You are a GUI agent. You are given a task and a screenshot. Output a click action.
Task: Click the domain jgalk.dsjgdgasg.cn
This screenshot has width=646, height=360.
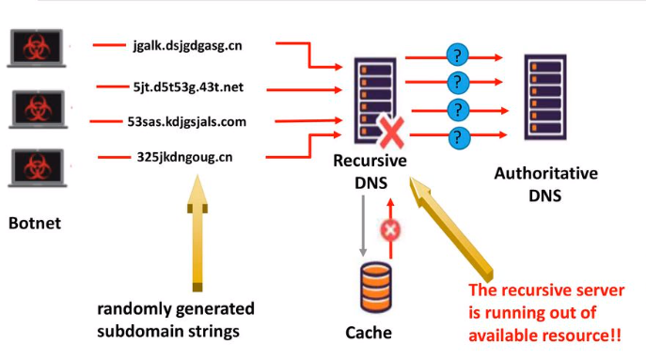point(187,46)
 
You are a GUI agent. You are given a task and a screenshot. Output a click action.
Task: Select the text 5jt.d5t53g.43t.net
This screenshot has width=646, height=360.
point(188,87)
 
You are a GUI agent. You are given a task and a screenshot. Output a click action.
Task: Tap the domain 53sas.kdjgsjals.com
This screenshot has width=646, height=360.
point(186,122)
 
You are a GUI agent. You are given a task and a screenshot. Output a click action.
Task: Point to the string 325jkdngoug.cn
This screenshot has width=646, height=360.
point(184,157)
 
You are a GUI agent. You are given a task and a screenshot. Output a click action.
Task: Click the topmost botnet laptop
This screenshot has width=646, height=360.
point(37,48)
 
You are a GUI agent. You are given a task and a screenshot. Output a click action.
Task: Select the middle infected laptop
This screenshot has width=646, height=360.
point(38,109)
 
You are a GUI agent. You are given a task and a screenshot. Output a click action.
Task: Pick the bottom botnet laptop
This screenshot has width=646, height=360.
point(38,168)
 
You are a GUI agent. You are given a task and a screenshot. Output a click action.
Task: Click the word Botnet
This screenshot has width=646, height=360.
point(35,223)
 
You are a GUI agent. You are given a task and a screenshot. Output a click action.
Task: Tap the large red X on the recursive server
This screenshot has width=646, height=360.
point(391,132)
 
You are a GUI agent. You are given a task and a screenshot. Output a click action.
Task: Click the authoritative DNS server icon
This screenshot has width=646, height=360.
point(545,97)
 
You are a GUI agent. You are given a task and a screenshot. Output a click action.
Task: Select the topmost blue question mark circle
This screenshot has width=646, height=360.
point(457,55)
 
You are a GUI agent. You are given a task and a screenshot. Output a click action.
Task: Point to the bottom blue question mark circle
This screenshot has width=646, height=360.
point(459,137)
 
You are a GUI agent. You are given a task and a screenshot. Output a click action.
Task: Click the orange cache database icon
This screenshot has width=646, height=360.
point(376,288)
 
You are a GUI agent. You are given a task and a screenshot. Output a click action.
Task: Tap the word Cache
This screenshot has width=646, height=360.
point(369,333)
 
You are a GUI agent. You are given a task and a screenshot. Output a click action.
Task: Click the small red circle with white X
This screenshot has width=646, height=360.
point(390,230)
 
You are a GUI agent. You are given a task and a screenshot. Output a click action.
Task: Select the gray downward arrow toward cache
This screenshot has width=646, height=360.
point(363,226)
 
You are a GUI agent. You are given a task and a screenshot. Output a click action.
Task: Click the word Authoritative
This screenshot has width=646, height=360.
point(546,173)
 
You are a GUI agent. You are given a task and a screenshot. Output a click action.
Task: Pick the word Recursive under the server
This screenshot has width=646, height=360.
point(370,161)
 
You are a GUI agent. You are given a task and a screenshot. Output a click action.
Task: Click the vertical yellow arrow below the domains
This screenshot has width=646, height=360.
point(197,233)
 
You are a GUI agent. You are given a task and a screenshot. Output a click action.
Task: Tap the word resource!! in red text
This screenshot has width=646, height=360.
point(581,336)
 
